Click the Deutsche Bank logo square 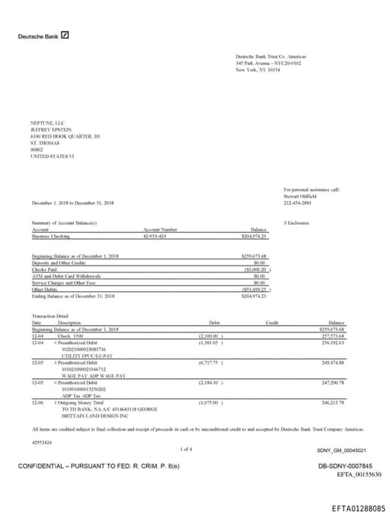pos(66,35)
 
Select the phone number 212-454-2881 pos(298,203)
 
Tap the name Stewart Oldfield pos(300,196)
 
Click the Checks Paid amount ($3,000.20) pos(257,269)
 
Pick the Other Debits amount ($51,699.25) pos(257,288)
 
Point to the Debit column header pos(214,323)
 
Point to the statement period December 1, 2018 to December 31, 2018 pos(73,202)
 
